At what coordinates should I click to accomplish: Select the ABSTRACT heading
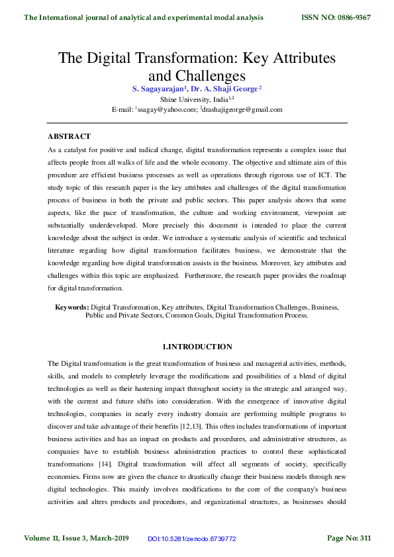point(69,136)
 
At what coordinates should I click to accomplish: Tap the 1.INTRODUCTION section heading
point(197,347)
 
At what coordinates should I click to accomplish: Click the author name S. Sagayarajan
point(161,88)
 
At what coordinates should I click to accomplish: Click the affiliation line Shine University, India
point(196,99)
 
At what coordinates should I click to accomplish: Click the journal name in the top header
point(143,17)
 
